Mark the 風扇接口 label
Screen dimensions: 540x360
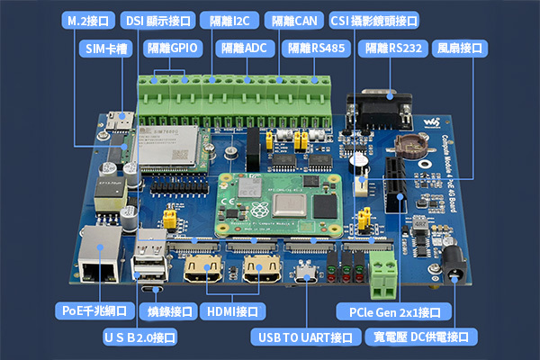pyautogui.click(x=461, y=49)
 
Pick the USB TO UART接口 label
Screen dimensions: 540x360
pyautogui.click(x=304, y=337)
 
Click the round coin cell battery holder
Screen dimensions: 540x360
pyautogui.click(x=416, y=143)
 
